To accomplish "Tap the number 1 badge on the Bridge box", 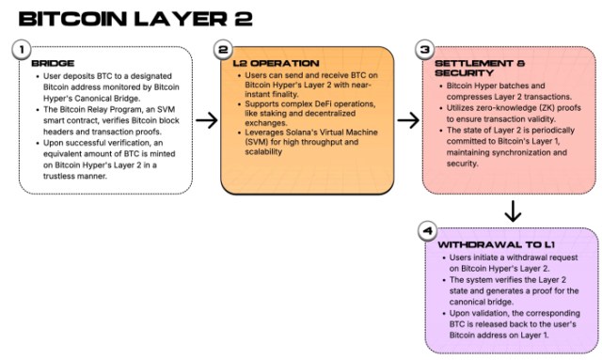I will point(23,48).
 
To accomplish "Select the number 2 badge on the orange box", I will point(223,48).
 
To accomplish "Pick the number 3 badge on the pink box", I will point(425,48).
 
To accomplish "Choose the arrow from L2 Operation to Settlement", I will point(407,119).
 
